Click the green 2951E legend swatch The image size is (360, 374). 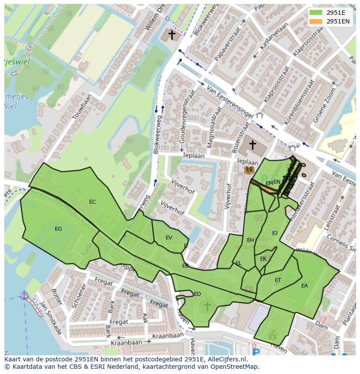point(316,13)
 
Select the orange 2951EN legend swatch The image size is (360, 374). point(316,21)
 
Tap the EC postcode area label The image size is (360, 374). point(92,202)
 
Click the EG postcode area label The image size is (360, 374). point(58,229)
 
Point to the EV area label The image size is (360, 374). point(169,238)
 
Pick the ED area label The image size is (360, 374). point(197,294)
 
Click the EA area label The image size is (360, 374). point(304,286)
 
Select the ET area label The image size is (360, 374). point(278,280)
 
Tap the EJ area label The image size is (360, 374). point(275,233)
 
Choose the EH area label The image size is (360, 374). point(250,240)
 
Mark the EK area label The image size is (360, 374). point(263,259)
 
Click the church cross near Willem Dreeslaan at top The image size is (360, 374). point(172,35)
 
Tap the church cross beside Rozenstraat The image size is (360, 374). point(252,145)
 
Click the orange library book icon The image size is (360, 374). point(249,170)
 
